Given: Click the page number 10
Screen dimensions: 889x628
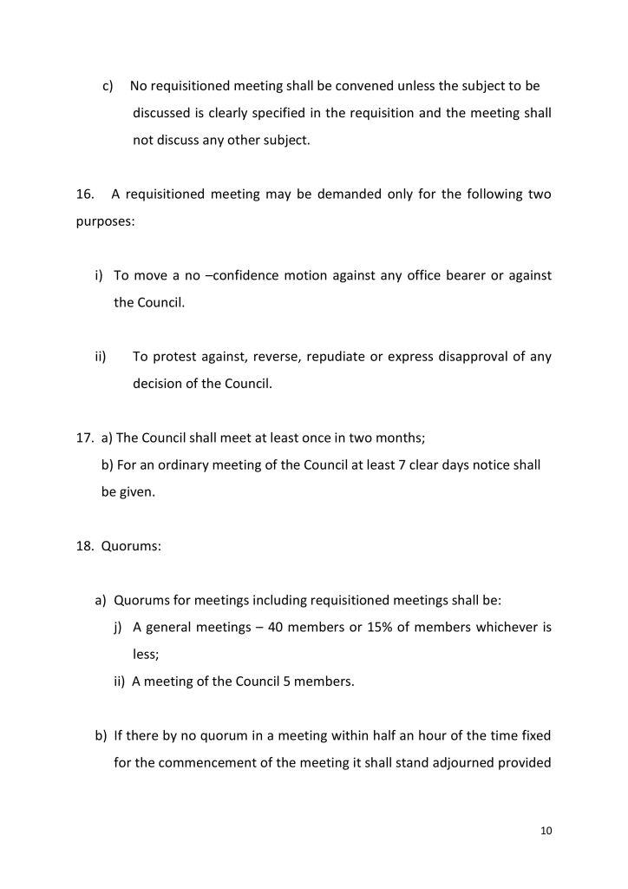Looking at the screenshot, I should [546, 831].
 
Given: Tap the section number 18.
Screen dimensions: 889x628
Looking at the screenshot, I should [84, 547].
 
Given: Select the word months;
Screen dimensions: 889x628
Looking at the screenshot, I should [402, 438].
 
